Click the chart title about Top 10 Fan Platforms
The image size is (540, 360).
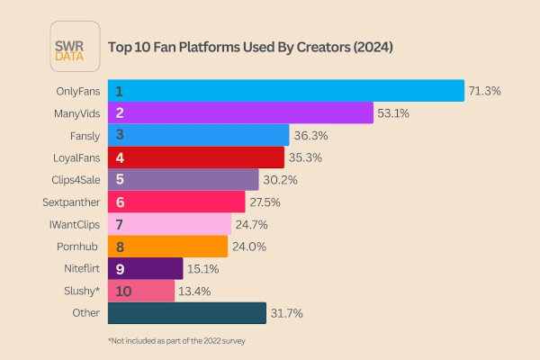point(250,46)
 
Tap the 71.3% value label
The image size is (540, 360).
point(484,91)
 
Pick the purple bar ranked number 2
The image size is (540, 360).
point(240,113)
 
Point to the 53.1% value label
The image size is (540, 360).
point(392,113)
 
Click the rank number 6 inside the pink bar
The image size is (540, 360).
point(119,202)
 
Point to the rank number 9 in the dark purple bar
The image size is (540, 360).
point(119,268)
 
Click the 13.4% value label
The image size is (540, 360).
point(193,291)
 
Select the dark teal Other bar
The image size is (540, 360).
point(187,313)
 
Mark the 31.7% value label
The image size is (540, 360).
point(286,313)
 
